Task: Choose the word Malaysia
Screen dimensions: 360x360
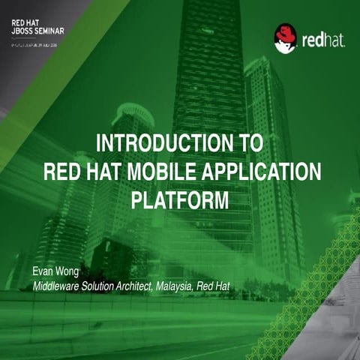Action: (196, 286)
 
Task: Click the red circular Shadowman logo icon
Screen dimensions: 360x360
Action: (285, 38)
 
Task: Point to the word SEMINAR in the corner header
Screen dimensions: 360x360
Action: (50, 32)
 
